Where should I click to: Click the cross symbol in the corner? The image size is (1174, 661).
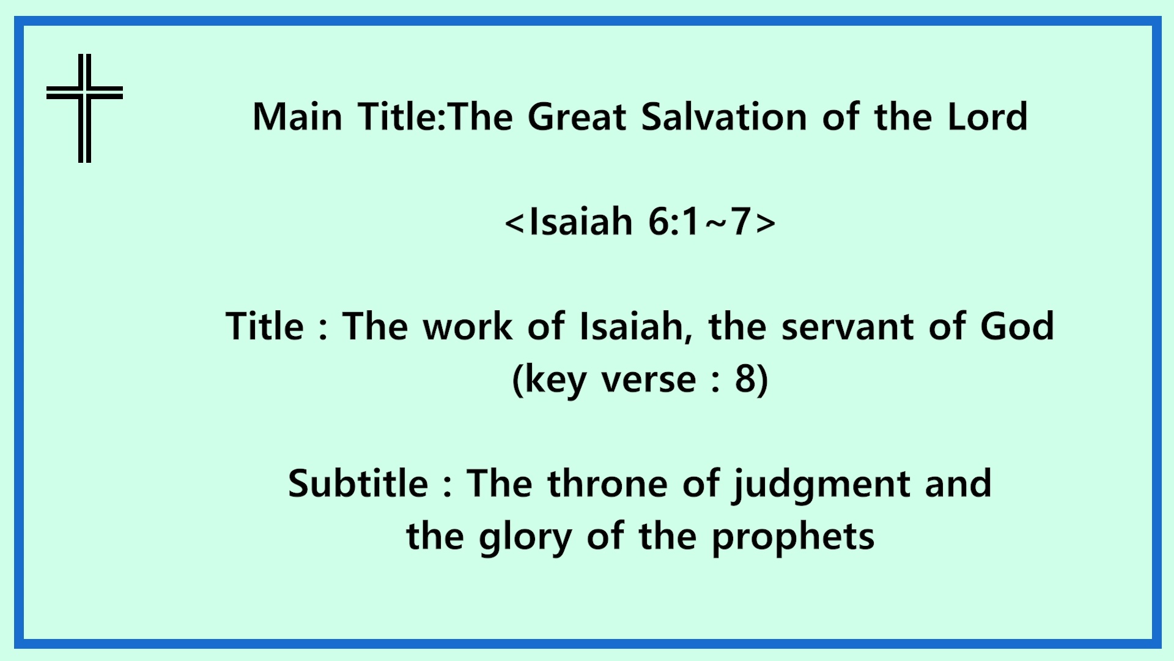click(x=84, y=93)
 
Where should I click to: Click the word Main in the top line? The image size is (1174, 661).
click(x=297, y=116)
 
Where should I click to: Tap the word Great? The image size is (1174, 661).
click(x=577, y=116)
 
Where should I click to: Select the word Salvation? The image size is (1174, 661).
click(x=724, y=116)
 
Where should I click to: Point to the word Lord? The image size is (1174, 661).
click(x=988, y=116)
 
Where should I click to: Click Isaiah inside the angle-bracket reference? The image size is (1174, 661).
click(x=581, y=221)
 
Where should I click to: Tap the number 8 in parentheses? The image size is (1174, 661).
click(x=746, y=379)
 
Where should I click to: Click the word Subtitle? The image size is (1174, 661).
click(x=358, y=484)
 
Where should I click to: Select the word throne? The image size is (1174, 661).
click(x=607, y=484)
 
